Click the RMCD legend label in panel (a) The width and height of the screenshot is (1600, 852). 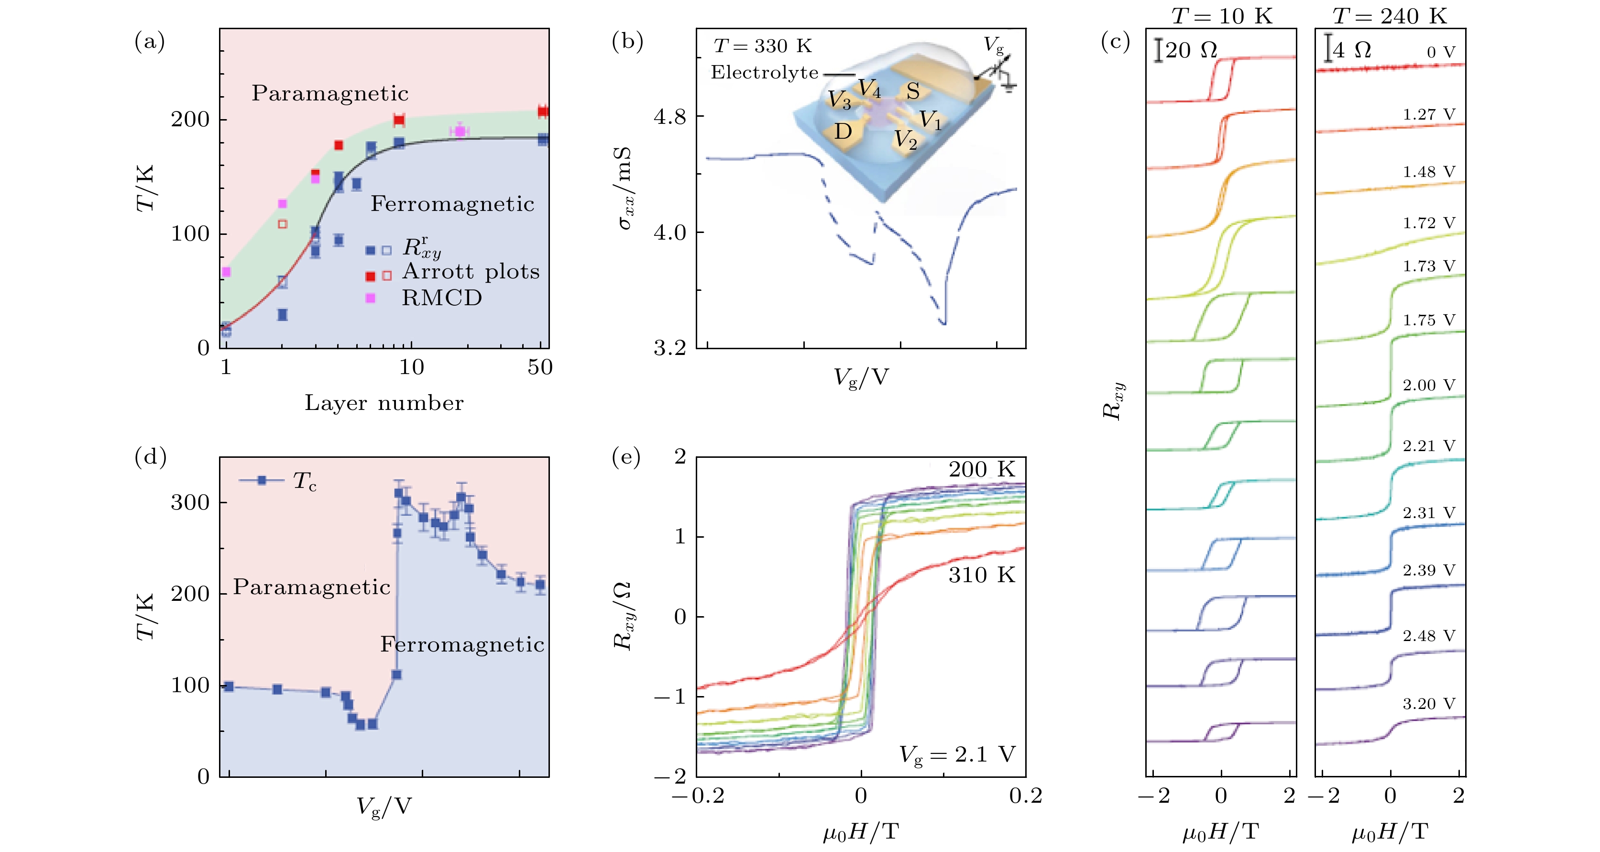point(442,299)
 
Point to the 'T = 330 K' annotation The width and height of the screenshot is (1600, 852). point(763,46)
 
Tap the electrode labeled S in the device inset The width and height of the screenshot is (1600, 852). point(912,91)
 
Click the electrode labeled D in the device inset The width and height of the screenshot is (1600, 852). point(843,132)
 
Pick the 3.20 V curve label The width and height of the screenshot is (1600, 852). point(1429,704)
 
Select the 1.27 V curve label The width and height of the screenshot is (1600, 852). point(1429,115)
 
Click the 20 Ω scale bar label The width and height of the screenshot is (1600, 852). point(1191,50)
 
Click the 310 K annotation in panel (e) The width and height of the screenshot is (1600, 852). point(981,575)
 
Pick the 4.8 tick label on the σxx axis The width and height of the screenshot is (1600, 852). point(669,116)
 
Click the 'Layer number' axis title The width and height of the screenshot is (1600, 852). point(384,403)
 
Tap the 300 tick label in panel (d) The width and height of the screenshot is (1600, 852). point(190,502)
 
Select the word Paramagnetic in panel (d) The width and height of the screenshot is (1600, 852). point(312,586)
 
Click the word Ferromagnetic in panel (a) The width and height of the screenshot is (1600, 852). point(452,204)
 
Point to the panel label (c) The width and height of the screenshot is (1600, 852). point(1115,42)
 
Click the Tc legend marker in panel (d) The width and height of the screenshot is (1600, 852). point(262,480)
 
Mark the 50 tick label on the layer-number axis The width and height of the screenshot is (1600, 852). point(540,367)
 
